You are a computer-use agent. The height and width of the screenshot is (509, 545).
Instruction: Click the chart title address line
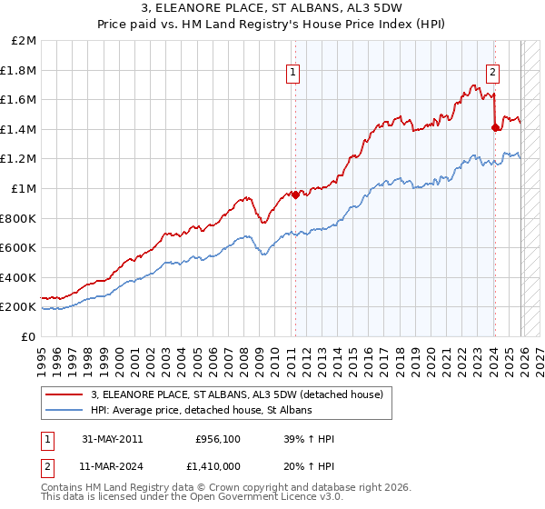(x=272, y=9)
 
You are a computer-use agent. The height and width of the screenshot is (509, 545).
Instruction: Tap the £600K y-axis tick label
(x=19, y=248)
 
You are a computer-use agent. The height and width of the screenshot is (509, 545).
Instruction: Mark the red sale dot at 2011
(x=295, y=195)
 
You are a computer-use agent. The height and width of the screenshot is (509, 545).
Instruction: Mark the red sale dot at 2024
(x=494, y=128)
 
